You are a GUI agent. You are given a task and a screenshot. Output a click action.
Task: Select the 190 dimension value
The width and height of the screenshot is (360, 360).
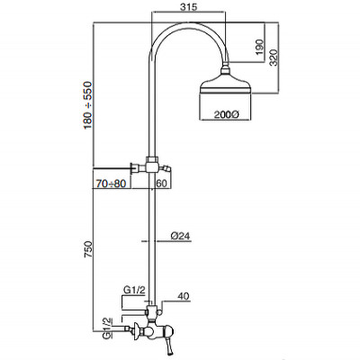(258, 47)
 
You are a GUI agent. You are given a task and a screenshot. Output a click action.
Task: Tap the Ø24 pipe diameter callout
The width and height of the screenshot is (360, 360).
(180, 238)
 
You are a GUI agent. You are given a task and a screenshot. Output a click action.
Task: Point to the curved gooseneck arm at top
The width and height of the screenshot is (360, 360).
(180, 36)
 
